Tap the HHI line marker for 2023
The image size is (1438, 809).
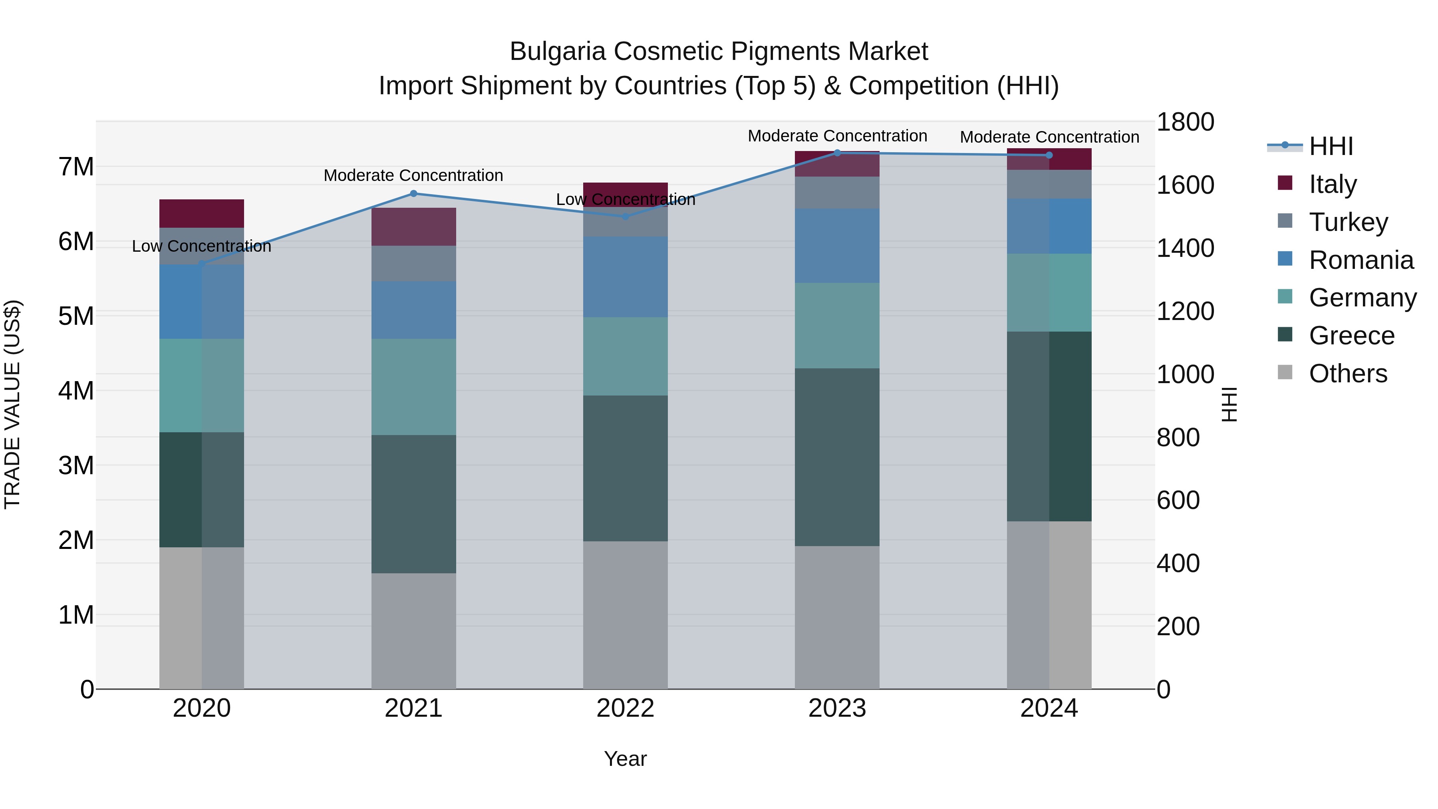click(x=837, y=153)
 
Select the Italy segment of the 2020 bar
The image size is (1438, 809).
click(x=202, y=213)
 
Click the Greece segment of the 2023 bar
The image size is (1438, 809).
click(x=837, y=457)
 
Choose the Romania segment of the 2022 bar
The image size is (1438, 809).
click(x=625, y=277)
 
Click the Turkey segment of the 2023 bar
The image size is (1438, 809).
click(x=837, y=193)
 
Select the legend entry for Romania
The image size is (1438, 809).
click(x=1361, y=260)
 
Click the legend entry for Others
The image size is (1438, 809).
click(x=1348, y=374)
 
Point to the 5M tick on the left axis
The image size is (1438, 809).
click(x=76, y=316)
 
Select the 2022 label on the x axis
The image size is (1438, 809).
click(x=625, y=708)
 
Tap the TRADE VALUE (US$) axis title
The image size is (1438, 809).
click(x=12, y=404)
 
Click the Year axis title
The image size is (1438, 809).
click(x=625, y=759)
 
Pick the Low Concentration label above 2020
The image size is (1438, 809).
click(x=202, y=246)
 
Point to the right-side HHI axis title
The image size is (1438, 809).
click(x=1229, y=404)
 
